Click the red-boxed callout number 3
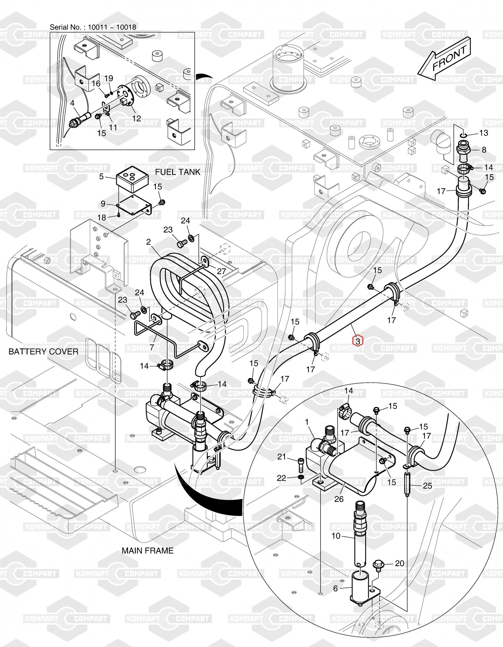[x=358, y=341]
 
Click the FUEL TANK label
[x=178, y=172]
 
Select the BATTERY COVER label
[x=43, y=351]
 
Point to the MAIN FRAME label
[x=148, y=550]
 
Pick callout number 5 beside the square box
[x=102, y=176]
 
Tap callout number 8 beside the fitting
[x=484, y=150]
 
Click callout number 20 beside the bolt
[x=400, y=563]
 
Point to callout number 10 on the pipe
[x=336, y=536]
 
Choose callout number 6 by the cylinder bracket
[x=335, y=588]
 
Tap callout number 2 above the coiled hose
[x=148, y=242]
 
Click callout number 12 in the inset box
[x=137, y=118]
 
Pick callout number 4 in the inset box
[x=72, y=103]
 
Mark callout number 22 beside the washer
[x=282, y=477]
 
